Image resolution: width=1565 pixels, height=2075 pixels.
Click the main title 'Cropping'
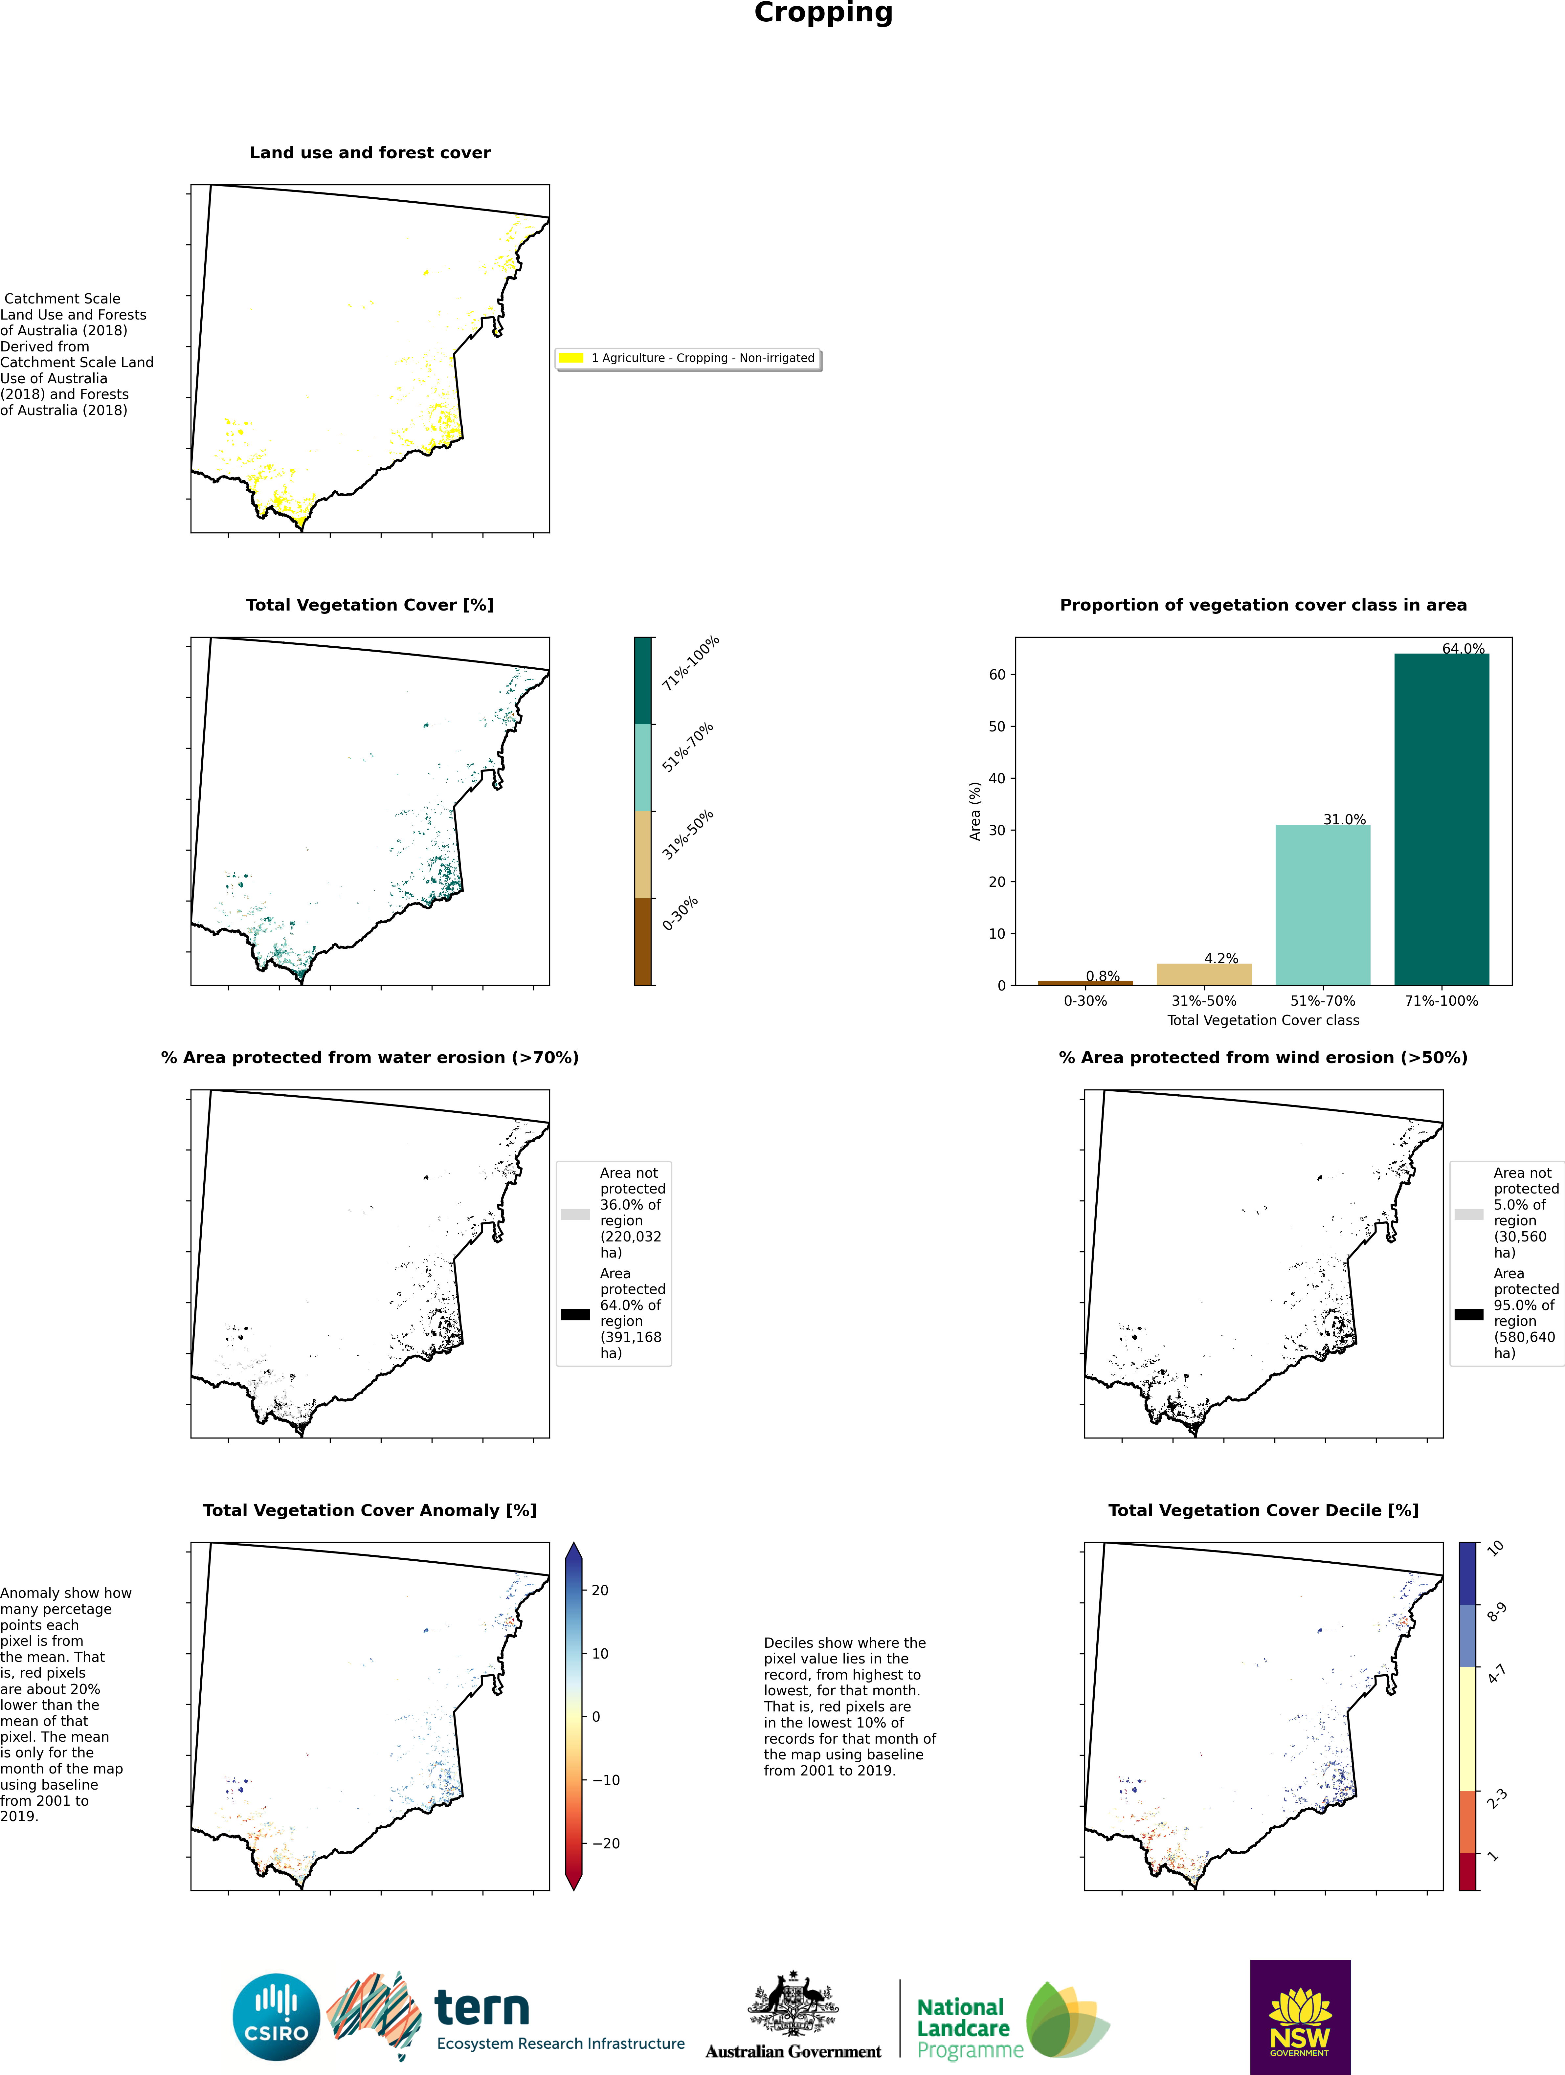point(823,13)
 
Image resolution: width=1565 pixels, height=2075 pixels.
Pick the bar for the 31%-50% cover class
point(1204,974)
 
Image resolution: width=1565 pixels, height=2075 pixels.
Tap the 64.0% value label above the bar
point(1463,648)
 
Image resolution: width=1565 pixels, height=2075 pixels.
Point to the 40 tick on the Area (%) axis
point(996,778)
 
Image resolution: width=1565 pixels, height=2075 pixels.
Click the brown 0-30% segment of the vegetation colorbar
point(643,941)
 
